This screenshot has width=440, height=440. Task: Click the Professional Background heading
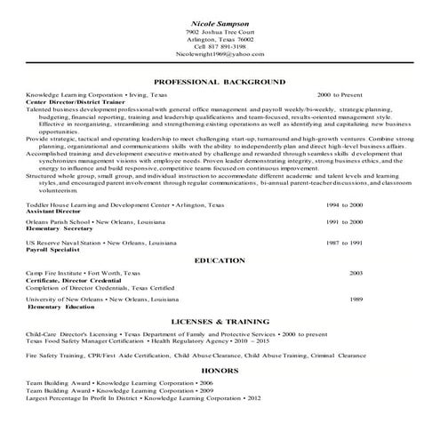click(220, 81)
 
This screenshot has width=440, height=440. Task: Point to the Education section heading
click(220, 260)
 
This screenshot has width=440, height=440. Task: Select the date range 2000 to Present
click(339, 92)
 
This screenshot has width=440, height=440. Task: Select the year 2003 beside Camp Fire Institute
click(356, 271)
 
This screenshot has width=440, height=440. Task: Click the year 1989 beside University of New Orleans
click(356, 300)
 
